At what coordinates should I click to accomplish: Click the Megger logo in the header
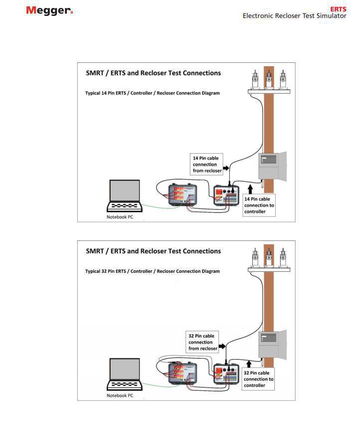[x=49, y=10]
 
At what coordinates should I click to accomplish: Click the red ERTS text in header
[x=338, y=9]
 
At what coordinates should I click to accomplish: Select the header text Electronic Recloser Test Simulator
[x=294, y=16]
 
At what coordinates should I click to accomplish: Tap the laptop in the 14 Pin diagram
[x=125, y=196]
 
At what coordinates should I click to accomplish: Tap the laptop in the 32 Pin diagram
[x=125, y=374]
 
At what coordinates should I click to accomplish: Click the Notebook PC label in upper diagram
[x=120, y=217]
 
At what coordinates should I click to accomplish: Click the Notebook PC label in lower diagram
[x=120, y=396]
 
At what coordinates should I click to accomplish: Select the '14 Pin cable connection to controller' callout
[x=259, y=205]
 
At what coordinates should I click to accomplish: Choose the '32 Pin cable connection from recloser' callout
[x=203, y=342]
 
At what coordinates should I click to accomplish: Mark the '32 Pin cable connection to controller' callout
[x=258, y=379]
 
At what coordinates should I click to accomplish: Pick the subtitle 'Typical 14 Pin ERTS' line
[x=152, y=93]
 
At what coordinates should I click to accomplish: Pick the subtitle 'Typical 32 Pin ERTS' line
[x=152, y=271]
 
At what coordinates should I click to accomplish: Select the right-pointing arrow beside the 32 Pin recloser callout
[x=222, y=345]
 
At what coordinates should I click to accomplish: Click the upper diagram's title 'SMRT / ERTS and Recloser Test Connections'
[x=153, y=73]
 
